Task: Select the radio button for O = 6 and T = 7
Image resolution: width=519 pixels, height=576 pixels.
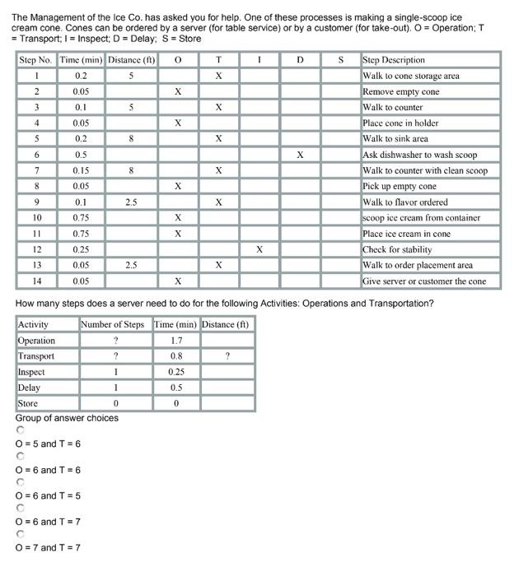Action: [x=21, y=508]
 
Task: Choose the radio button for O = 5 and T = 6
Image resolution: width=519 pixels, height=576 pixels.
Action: [x=21, y=430]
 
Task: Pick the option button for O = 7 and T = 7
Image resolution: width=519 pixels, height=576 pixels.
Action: [x=21, y=534]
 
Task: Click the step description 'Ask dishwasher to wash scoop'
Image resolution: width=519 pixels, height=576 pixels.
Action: [x=419, y=155]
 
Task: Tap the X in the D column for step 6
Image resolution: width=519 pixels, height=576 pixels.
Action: [x=300, y=155]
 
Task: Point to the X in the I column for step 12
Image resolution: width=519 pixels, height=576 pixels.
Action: [x=259, y=249]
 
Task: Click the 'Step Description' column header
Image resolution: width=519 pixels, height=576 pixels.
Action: [x=394, y=60]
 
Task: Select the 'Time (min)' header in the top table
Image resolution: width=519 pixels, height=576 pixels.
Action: [x=81, y=60]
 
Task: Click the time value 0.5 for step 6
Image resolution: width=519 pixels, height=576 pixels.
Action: [x=81, y=155]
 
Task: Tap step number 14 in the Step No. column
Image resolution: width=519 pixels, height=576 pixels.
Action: [x=36, y=281]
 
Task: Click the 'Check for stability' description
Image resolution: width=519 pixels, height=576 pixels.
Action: [x=398, y=249]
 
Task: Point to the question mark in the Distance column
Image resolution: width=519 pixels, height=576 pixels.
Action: [x=227, y=356]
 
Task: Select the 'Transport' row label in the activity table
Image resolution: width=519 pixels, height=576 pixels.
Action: [x=36, y=356]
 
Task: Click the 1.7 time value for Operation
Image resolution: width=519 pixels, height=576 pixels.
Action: [x=176, y=341]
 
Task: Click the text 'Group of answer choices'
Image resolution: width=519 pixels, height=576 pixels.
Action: [x=67, y=418]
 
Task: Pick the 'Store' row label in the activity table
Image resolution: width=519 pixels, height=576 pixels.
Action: [x=28, y=403]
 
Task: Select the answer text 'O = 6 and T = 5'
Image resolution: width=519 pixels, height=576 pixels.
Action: [x=48, y=495]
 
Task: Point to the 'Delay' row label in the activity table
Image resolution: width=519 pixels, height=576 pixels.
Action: [x=29, y=388]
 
